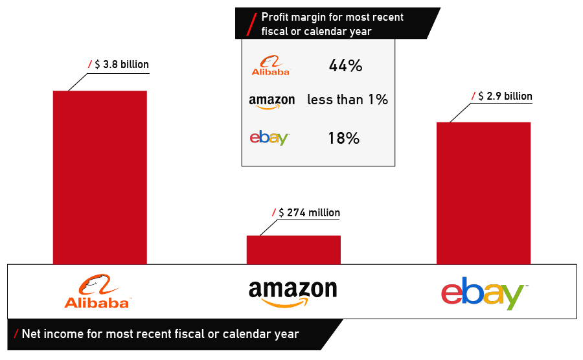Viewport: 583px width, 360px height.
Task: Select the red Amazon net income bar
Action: click(x=293, y=249)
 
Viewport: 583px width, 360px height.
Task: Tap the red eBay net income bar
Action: click(x=483, y=192)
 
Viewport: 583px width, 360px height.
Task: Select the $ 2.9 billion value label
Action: click(x=505, y=96)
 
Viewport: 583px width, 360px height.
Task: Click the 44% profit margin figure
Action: click(x=345, y=66)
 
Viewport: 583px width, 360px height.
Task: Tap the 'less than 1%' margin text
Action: click(x=347, y=100)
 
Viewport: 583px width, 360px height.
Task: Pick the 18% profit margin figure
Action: click(x=343, y=138)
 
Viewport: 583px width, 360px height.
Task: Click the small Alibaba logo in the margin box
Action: click(x=271, y=66)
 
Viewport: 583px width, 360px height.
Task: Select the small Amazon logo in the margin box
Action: click(x=271, y=101)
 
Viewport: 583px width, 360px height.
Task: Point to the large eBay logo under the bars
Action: click(x=484, y=294)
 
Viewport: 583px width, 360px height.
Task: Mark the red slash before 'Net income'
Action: click(x=16, y=334)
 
